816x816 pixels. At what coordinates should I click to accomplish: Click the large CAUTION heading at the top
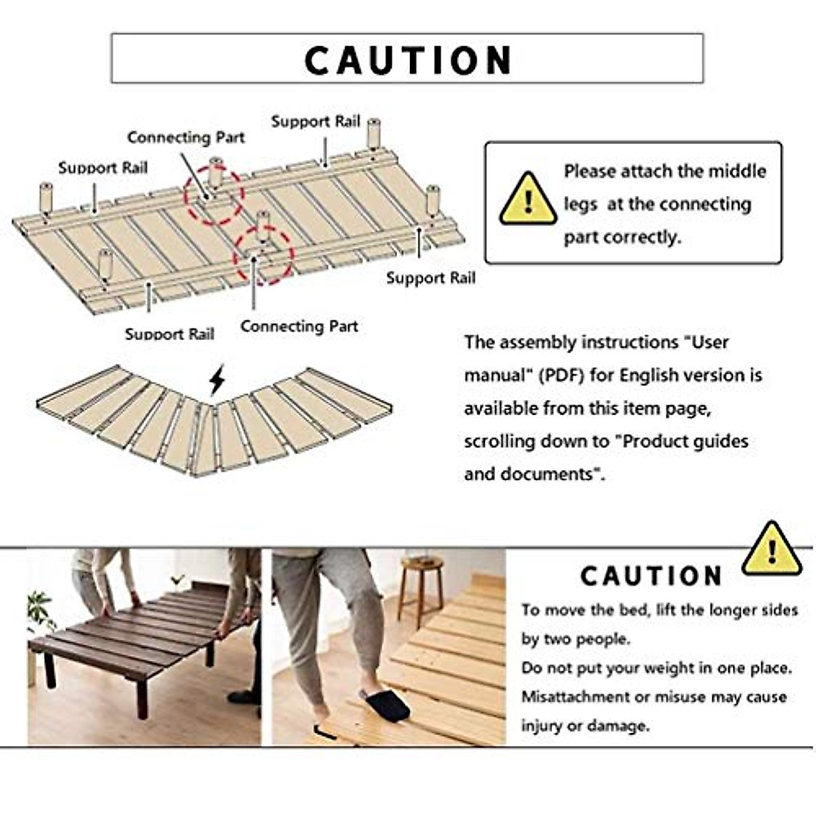[407, 60]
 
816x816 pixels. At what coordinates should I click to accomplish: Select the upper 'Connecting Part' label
[186, 137]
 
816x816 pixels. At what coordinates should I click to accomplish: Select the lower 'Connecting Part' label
[299, 326]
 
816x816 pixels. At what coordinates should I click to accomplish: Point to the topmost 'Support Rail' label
[315, 122]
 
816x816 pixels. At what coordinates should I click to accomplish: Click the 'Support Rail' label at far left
[102, 168]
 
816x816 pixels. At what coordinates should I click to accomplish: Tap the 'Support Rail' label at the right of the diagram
[430, 277]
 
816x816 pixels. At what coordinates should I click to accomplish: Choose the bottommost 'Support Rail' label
[169, 334]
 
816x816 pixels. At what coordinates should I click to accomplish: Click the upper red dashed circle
[215, 194]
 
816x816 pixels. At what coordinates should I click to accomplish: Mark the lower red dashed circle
[263, 255]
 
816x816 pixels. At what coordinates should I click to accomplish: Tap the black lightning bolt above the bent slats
[216, 380]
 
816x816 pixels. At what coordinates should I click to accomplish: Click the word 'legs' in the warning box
[580, 205]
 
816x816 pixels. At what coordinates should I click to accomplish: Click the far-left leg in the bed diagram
[46, 197]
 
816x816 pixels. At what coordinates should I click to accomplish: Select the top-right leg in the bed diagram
[373, 133]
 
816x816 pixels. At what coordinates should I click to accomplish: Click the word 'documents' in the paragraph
[551, 474]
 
